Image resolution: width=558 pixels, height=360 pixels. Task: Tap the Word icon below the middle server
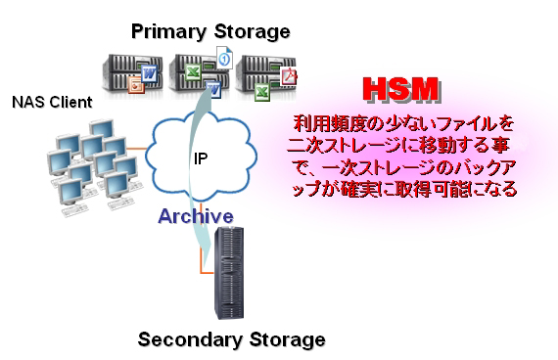click(x=214, y=89)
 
